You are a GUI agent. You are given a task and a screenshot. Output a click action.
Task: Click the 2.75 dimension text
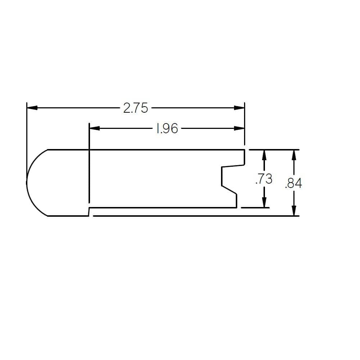tap(135, 108)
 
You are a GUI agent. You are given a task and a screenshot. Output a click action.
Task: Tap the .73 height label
tap(264, 179)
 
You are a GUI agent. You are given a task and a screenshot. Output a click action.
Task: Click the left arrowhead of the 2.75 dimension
tap(32, 108)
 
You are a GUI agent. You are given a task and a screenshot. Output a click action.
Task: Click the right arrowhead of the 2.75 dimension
tap(239, 108)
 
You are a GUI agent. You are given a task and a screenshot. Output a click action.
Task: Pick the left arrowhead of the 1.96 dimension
tap(94, 129)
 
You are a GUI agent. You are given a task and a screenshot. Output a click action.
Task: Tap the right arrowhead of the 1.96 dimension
tap(239, 129)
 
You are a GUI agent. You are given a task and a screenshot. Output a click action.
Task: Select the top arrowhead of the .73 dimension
tap(264, 155)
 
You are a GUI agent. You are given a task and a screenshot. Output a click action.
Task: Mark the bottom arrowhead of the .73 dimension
tap(264, 202)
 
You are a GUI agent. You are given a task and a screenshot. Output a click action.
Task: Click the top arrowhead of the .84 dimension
tap(294, 155)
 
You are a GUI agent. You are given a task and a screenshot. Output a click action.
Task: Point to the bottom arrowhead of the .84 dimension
tap(294, 211)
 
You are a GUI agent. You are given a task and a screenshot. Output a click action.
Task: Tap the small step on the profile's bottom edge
tap(89, 212)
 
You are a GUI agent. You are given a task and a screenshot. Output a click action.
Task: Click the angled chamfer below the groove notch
tap(229, 190)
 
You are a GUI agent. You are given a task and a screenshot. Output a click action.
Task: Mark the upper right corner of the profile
tap(245, 150)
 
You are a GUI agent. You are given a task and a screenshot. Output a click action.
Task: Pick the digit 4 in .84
tap(298, 184)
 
